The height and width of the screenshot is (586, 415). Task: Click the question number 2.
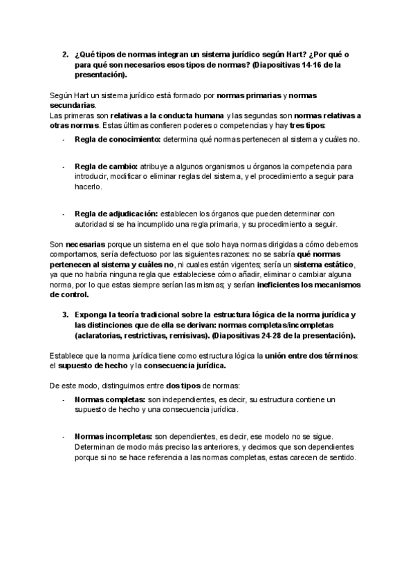click(x=65, y=54)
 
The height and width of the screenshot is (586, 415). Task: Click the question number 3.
click(x=65, y=315)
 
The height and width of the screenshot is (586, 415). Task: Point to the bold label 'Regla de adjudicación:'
click(x=116, y=214)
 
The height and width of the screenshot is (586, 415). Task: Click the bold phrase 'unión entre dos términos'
click(x=317, y=355)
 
